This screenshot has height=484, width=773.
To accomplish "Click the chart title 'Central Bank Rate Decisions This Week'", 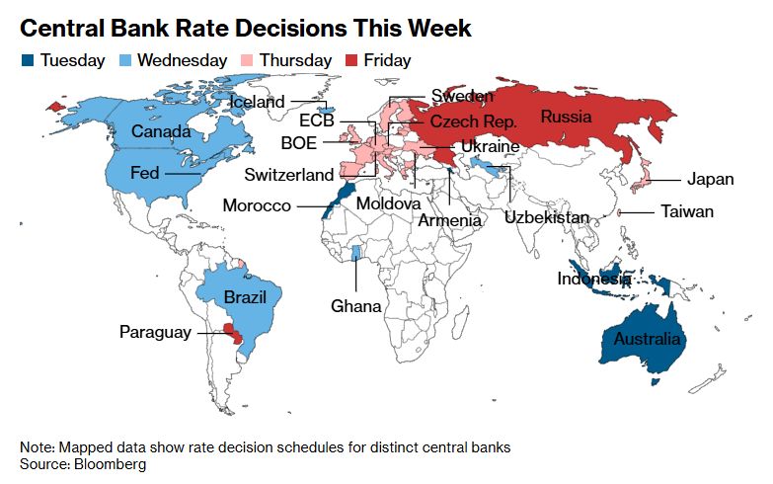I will coord(246,28).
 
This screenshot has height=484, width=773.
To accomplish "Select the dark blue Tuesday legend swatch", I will coord(28,61).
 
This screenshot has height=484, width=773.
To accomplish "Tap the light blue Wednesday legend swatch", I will coord(125,61).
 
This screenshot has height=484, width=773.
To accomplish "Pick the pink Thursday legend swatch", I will coord(249,61).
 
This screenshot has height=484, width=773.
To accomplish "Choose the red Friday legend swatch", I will coord(350,61).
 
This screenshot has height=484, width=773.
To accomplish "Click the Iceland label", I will coord(257,102).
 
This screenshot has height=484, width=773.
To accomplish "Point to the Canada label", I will coord(162,131).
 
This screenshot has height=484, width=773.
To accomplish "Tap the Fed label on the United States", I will coord(145,173).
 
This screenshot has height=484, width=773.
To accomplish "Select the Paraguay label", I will coord(155,332).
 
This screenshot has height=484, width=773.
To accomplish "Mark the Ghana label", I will coord(356,306).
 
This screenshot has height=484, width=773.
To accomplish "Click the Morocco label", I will coord(257,205).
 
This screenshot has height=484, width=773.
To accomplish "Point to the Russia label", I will coord(566,118).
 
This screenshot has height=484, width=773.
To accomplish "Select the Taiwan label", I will coord(687,211).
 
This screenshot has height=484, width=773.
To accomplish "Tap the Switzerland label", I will coord(290,176).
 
